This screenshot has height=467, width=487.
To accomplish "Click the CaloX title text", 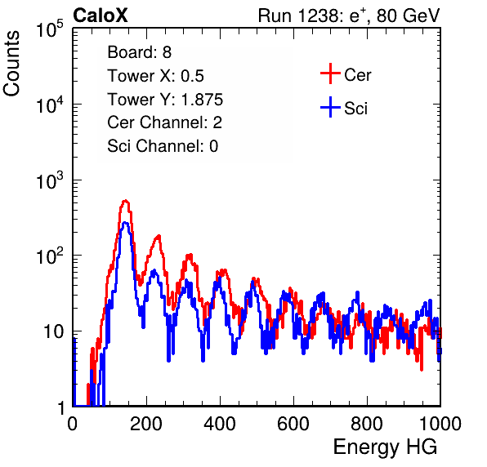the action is tap(100, 16).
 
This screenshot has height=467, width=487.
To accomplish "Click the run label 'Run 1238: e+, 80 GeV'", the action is tap(349, 16).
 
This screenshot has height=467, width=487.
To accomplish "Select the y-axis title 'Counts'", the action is tap(11, 64).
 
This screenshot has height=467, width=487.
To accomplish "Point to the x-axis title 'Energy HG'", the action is tap(385, 447).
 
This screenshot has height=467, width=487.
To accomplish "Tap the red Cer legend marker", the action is tap(330, 73).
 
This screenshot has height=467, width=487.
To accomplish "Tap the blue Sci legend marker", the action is tap(330, 107).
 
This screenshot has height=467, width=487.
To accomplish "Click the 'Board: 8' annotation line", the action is tap(139, 52).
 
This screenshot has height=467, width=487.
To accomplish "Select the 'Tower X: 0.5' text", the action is tap(155, 76).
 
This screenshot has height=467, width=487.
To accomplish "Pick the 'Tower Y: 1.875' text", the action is tap(165, 100).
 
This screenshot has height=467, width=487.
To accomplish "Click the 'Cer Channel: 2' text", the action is tap(164, 122).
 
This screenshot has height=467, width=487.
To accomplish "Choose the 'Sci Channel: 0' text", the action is tap(163, 146).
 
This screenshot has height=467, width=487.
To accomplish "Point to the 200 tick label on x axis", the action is tap(146, 424).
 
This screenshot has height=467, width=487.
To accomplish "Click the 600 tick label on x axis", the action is tap(293, 424).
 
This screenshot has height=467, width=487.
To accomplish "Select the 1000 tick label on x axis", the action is tap(440, 424).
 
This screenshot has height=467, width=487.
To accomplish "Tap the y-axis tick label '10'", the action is tap(53, 331).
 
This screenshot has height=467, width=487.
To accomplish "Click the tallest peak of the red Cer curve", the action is tap(125, 201).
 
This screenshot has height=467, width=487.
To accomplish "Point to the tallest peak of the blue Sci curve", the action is tap(125, 223).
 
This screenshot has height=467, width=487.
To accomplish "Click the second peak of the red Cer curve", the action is tap(159, 237).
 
